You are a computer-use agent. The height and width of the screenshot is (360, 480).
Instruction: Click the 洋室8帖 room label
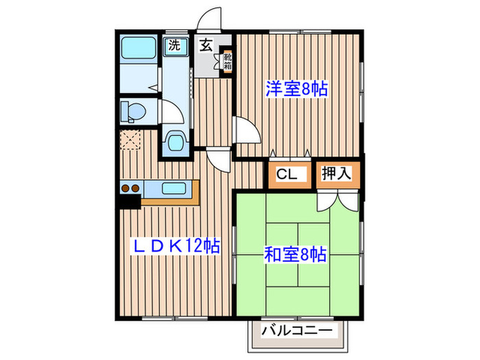pyautogui.click(x=296, y=88)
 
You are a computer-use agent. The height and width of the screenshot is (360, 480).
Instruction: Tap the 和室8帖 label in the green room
pyautogui.click(x=296, y=254)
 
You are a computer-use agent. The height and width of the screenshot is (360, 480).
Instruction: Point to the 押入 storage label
pyautogui.click(x=336, y=174)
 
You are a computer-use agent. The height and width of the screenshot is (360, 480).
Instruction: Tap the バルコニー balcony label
pyautogui.click(x=299, y=333)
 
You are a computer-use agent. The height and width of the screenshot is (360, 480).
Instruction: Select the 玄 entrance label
pyautogui.click(x=206, y=47)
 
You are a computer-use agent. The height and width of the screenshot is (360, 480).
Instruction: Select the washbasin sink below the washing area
pyautogui.click(x=175, y=143)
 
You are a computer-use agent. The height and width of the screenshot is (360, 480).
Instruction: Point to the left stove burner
pyautogui.click(x=125, y=188)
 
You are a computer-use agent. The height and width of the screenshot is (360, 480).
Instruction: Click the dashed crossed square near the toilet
pyautogui.click(x=130, y=140)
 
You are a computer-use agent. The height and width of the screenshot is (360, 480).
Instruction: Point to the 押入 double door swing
pyautogui.click(x=337, y=200)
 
